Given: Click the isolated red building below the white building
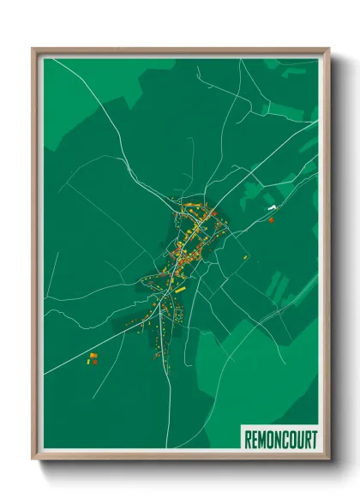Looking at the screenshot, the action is click(271, 220).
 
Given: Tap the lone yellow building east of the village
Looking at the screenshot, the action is click(247, 256).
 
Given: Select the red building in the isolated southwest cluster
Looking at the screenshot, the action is click(95, 362).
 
